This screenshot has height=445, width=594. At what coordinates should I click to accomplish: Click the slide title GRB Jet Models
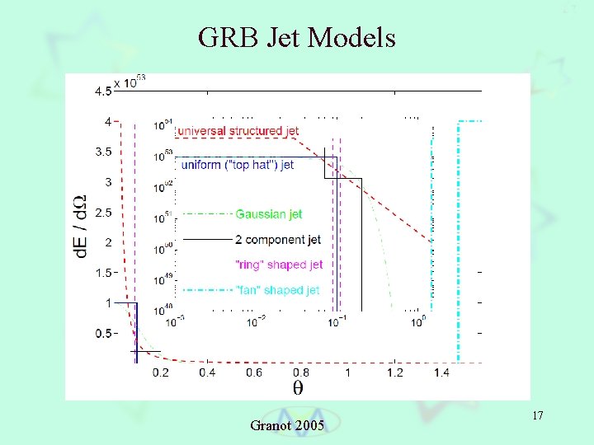(297, 37)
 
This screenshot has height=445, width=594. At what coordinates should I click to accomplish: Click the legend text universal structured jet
(238, 131)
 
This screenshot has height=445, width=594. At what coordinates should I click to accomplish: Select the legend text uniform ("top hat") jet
(237, 165)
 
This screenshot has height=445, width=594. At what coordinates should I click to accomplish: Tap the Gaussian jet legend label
(269, 214)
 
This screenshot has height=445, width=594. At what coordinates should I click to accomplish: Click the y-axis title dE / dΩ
(82, 226)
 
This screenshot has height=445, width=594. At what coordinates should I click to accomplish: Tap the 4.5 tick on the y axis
(102, 91)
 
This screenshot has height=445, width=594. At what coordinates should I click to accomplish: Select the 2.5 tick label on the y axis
(102, 213)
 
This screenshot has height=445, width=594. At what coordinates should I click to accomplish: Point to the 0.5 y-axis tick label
(102, 333)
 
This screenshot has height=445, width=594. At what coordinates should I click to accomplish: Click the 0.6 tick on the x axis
(253, 372)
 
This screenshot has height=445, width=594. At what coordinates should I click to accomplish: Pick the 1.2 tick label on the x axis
(394, 372)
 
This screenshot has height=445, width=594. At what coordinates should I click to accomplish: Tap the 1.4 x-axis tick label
(441, 372)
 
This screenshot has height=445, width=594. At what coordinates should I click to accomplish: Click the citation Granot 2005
(286, 425)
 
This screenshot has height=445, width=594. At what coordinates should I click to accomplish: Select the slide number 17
(538, 417)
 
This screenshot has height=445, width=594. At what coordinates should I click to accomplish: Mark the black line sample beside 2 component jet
(206, 240)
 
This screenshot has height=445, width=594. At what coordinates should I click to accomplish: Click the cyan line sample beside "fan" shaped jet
(206, 290)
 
